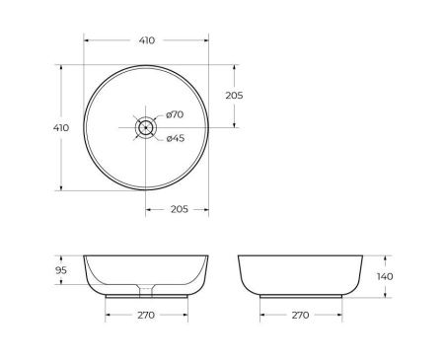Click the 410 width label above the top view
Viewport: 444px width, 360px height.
pyautogui.click(x=146, y=40)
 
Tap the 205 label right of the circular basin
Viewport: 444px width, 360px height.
pyautogui.click(x=234, y=96)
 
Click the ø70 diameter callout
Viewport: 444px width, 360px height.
pyautogui.click(x=175, y=116)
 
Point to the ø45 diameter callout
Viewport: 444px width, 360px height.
pyautogui.click(x=175, y=138)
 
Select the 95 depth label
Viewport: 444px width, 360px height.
pyautogui.click(x=60, y=270)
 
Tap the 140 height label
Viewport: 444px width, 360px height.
pyautogui.click(x=385, y=276)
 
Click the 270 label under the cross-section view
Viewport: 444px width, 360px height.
pyautogui.click(x=146, y=316)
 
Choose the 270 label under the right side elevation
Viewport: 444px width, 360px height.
pyautogui.click(x=301, y=316)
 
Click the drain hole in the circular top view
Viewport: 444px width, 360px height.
pyautogui.click(x=146, y=126)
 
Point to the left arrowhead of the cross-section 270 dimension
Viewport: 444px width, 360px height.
pyautogui.click(x=107, y=316)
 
